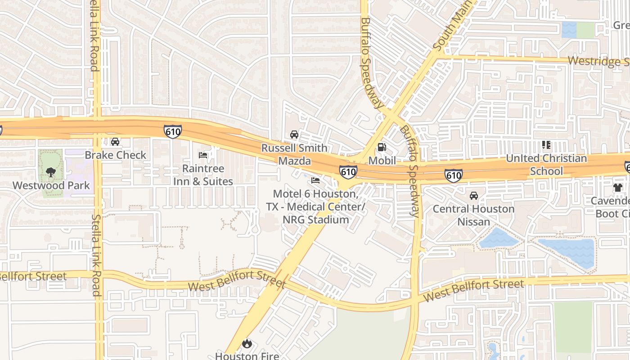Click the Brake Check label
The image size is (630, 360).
coord(116,155)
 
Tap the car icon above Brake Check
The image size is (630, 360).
coord(115,142)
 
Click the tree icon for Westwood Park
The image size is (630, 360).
coord(51,172)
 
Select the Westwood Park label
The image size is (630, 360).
coord(51,185)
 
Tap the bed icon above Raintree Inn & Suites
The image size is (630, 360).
coord(203,155)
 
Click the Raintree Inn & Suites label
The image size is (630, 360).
coord(203,175)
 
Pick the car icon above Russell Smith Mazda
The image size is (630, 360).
coord(294,135)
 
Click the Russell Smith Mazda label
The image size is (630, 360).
coord(295,154)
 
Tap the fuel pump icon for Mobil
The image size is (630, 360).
coord(382,147)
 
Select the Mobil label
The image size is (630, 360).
coord(382,161)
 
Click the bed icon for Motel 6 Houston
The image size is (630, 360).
coord(315,181)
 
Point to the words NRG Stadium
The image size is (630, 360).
coord(316,220)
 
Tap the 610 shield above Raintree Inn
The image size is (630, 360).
coord(173,131)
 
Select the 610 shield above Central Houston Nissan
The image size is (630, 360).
coord(453,175)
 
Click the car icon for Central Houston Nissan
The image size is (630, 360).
coord(474,196)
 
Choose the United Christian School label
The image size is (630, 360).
coord(546,164)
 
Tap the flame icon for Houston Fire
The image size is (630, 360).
coord(247,344)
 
